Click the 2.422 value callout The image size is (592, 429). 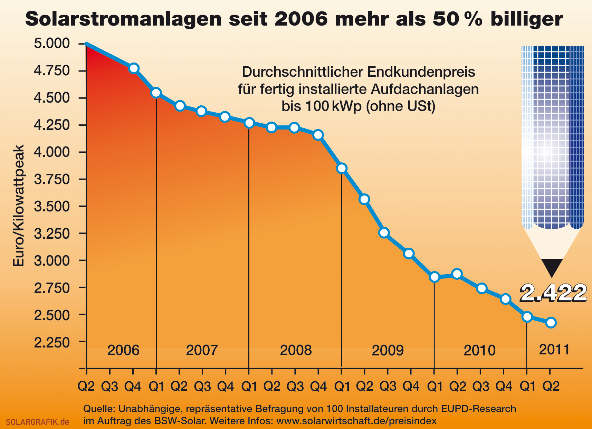tap(553, 293)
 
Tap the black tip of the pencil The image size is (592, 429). tap(552, 267)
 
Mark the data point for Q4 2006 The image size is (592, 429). tap(134, 68)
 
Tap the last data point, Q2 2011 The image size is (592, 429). tap(551, 323)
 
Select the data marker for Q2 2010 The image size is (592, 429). tap(457, 274)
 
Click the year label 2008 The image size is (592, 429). tap(296, 350)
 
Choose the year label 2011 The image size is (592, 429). tap(554, 350)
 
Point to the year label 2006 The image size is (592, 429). tap(123, 350)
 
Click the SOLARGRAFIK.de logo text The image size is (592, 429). tap(37, 422)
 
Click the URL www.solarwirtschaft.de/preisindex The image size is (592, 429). tap(356, 421)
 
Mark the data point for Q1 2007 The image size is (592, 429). tap(156, 93)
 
